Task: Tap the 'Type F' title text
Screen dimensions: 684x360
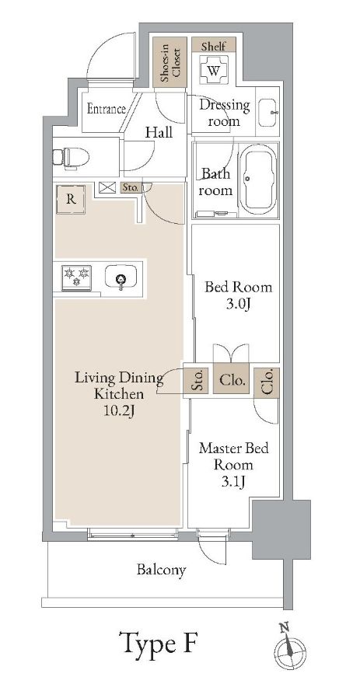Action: (159, 644)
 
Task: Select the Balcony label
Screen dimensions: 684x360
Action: (162, 571)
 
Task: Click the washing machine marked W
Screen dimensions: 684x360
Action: (214, 72)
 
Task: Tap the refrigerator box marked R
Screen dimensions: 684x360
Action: (71, 199)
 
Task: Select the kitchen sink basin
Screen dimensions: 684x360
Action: (121, 279)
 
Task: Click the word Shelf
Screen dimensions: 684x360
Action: (214, 47)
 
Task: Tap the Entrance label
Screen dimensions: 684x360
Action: (106, 109)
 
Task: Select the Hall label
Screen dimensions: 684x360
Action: (159, 133)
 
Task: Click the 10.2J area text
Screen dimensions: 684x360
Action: (118, 410)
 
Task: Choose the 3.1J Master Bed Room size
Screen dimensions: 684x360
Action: (233, 483)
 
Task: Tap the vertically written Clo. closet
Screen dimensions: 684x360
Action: (267, 382)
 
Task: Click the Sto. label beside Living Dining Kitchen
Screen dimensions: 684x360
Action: (197, 382)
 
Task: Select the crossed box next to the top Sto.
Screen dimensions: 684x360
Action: (107, 187)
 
